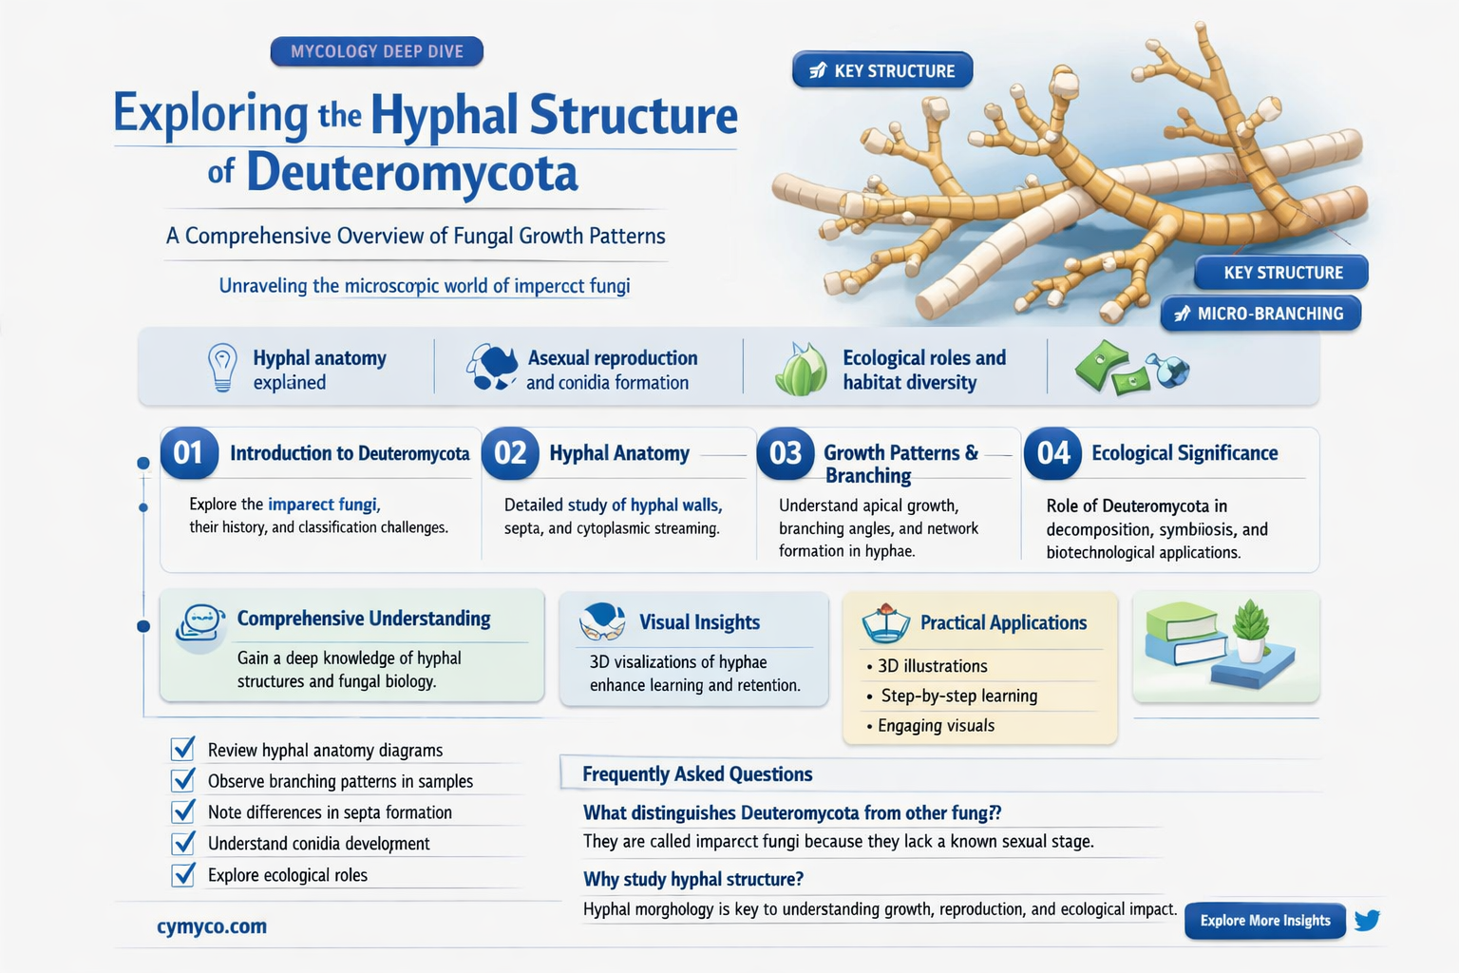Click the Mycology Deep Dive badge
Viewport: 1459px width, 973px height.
click(x=377, y=51)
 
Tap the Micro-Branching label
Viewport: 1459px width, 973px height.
click(x=1260, y=314)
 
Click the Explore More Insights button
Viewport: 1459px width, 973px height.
click(x=1264, y=921)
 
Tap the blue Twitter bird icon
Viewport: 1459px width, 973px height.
click(x=1367, y=920)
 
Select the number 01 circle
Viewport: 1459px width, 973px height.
click(x=188, y=453)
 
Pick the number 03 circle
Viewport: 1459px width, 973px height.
click(x=785, y=453)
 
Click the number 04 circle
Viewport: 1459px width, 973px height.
click(x=1052, y=453)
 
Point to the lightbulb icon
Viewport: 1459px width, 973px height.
click(x=222, y=367)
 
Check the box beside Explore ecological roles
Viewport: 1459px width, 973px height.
click(x=183, y=875)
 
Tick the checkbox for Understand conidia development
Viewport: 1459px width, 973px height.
click(x=183, y=844)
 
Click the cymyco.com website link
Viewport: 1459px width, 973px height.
click(x=212, y=926)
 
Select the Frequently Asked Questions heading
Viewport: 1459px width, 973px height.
click(x=697, y=774)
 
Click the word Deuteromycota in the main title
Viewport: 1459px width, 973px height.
click(x=411, y=173)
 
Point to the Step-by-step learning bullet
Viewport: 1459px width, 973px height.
click(x=958, y=696)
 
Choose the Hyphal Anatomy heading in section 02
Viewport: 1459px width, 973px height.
click(x=619, y=453)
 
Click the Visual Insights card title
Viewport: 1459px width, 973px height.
click(x=699, y=622)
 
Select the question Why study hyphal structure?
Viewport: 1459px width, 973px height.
click(x=693, y=879)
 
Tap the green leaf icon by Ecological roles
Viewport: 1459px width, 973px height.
click(x=801, y=370)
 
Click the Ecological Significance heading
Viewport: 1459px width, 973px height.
click(x=1184, y=453)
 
